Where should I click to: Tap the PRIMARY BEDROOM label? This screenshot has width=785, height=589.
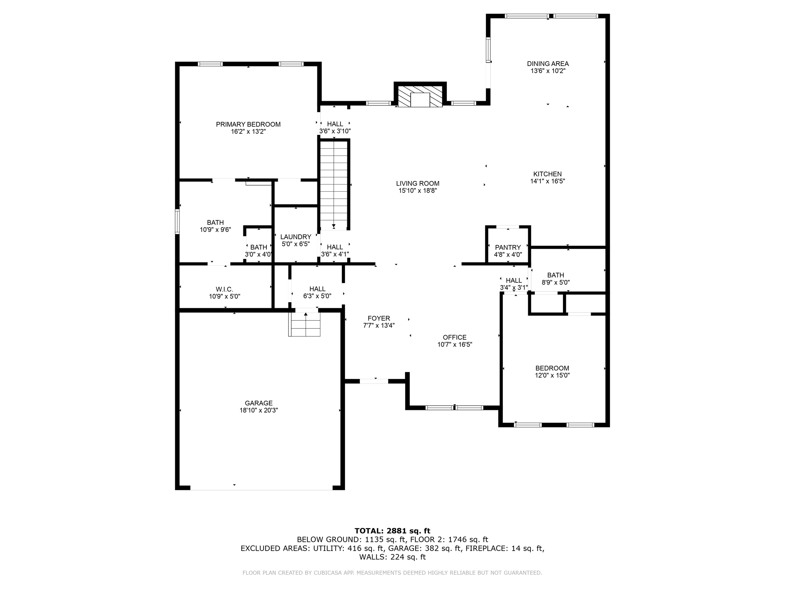pyautogui.click(x=248, y=124)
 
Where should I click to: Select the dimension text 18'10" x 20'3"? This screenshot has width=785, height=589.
pyautogui.click(x=258, y=410)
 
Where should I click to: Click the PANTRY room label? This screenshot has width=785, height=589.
pyautogui.click(x=508, y=247)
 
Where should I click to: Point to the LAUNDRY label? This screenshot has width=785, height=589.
pyautogui.click(x=296, y=237)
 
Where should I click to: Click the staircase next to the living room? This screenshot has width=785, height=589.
pyautogui.click(x=334, y=184)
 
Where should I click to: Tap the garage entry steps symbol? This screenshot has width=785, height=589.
pyautogui.click(x=304, y=324)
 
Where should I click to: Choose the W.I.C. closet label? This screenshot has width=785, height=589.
pyautogui.click(x=224, y=289)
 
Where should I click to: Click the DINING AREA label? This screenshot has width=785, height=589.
pyautogui.click(x=548, y=64)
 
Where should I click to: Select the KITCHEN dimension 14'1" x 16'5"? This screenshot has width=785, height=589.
pyautogui.click(x=548, y=181)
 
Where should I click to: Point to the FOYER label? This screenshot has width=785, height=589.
pyautogui.click(x=379, y=318)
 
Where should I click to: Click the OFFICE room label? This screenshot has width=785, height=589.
pyautogui.click(x=455, y=337)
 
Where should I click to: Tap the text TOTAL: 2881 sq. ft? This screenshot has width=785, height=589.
pyautogui.click(x=392, y=531)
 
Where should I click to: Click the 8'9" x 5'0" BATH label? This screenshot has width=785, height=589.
pyautogui.click(x=555, y=275)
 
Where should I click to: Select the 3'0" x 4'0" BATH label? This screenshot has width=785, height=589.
pyautogui.click(x=259, y=247)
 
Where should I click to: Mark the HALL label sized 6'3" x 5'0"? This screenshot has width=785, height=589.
pyautogui.click(x=317, y=289)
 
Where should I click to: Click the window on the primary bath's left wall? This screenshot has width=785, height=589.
pyautogui.click(x=177, y=221)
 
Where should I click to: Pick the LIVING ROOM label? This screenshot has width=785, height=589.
pyautogui.click(x=417, y=183)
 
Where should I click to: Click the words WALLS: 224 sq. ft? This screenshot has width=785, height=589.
pyautogui.click(x=392, y=557)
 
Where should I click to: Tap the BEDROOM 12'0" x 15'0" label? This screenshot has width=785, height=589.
pyautogui.click(x=552, y=368)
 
